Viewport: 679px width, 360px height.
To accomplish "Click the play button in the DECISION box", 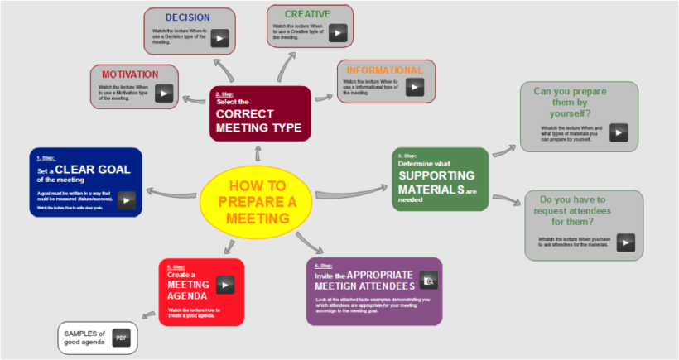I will [219, 38].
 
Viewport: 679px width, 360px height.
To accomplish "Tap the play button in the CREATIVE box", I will [337, 33].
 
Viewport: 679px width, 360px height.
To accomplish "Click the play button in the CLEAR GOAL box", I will [126, 199].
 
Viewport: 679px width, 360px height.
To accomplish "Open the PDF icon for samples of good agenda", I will [120, 338].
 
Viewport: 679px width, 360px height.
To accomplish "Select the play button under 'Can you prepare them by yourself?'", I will [619, 132].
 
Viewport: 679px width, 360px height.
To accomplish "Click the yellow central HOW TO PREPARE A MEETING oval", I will [258, 202].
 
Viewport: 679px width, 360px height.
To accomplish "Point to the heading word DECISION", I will [187, 17].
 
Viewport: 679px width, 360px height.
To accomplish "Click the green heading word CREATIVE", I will [307, 14].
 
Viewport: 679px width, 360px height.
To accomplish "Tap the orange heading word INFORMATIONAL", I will [384, 70].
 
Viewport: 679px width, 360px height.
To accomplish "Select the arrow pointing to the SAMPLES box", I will [149, 313].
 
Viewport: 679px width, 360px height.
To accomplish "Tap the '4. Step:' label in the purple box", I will [323, 266].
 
